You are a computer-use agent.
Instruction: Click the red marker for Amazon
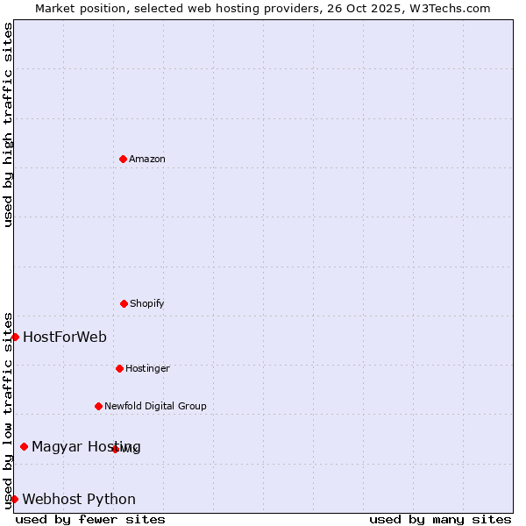(123, 159)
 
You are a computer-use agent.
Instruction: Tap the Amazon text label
(147, 159)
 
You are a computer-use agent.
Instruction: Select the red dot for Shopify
(124, 303)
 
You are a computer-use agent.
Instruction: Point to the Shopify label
(147, 303)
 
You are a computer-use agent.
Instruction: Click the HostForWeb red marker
(15, 337)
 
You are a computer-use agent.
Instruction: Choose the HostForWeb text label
(65, 337)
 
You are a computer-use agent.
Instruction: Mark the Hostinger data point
(119, 368)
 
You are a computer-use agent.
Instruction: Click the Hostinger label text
(147, 368)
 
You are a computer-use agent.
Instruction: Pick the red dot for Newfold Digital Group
(98, 406)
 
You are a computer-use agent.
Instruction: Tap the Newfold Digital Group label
(155, 406)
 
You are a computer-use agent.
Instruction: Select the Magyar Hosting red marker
(24, 446)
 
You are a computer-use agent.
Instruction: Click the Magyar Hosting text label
(86, 446)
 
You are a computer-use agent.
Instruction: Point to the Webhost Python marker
(14, 499)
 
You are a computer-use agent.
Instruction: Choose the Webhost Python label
(79, 499)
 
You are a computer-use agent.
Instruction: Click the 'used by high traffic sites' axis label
(8, 124)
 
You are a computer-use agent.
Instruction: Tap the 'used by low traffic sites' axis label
(8, 410)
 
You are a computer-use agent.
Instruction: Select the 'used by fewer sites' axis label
(90, 519)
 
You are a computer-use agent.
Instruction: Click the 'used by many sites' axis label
(440, 519)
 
